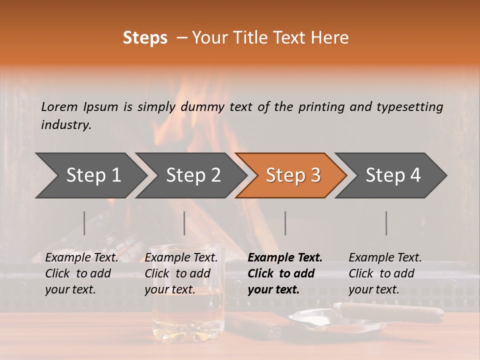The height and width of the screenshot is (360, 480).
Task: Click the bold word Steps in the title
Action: tap(145, 38)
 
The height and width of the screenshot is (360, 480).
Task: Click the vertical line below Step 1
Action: tap(84, 223)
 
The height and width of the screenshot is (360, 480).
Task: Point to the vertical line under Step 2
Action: tap(184, 223)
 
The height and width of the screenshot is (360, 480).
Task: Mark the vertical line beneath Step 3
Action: tap(285, 223)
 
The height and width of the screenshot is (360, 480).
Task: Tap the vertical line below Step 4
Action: tap(386, 223)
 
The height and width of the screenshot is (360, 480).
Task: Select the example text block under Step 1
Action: tap(81, 273)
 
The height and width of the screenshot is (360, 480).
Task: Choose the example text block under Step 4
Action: tap(385, 273)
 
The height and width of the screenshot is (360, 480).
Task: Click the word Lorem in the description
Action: tap(59, 106)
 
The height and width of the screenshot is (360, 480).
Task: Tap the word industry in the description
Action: tap(65, 124)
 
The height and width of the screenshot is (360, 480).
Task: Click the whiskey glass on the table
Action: tap(187, 295)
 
